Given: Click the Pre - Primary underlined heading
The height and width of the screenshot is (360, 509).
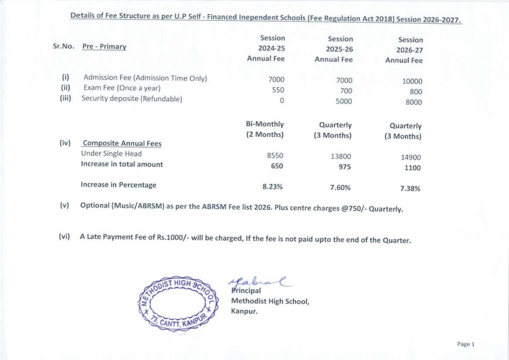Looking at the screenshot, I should (104, 47).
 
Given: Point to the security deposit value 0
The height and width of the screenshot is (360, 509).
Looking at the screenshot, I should (282, 101).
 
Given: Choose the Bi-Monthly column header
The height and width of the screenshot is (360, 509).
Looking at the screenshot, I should (265, 124).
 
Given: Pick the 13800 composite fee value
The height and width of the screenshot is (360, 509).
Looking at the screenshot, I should (341, 156).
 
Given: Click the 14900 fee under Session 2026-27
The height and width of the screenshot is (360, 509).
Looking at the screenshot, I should (411, 158).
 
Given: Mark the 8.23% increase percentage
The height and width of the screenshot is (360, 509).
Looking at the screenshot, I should (272, 187).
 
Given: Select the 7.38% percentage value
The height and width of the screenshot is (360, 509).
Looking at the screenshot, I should (410, 189).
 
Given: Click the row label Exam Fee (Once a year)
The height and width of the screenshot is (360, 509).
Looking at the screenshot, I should (122, 88).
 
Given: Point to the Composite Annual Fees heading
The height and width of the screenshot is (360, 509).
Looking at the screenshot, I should (122, 143).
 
